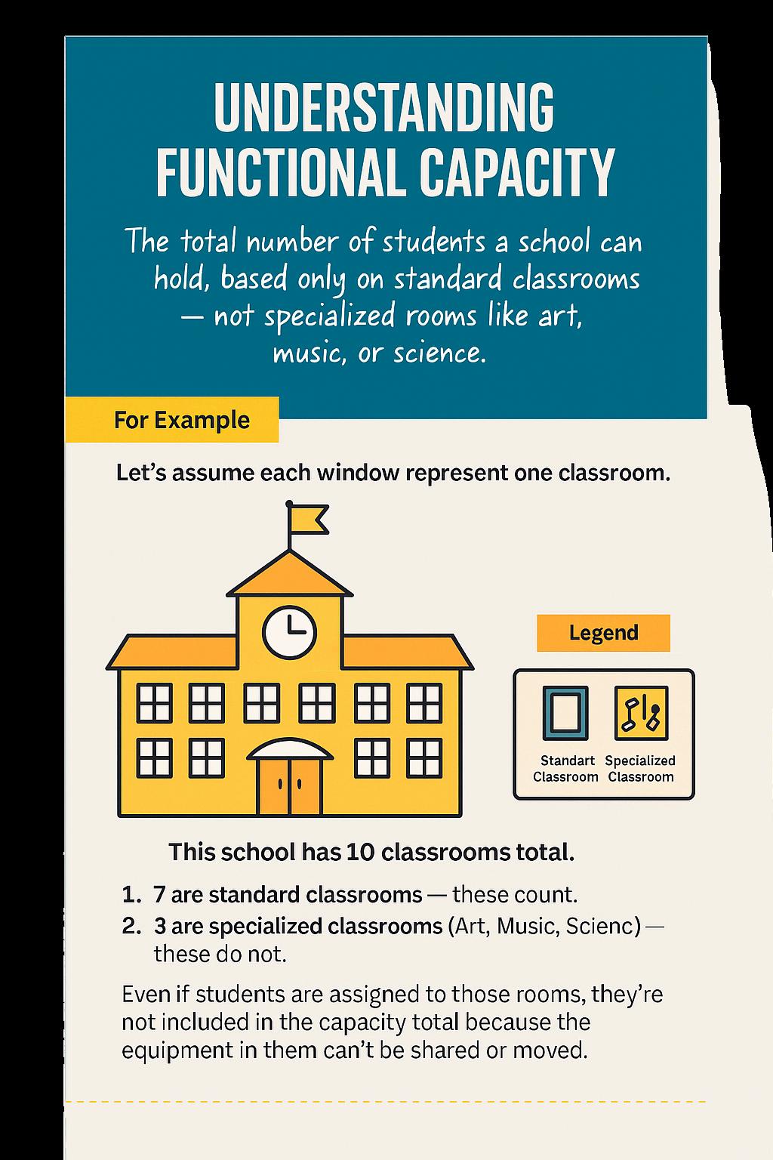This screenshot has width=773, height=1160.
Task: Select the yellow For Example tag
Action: click(181, 420)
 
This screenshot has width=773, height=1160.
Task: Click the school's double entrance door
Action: click(289, 785)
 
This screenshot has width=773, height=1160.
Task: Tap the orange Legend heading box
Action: click(603, 633)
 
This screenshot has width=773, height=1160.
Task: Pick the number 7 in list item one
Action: click(159, 895)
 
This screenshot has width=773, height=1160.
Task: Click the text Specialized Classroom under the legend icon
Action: click(640, 769)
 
